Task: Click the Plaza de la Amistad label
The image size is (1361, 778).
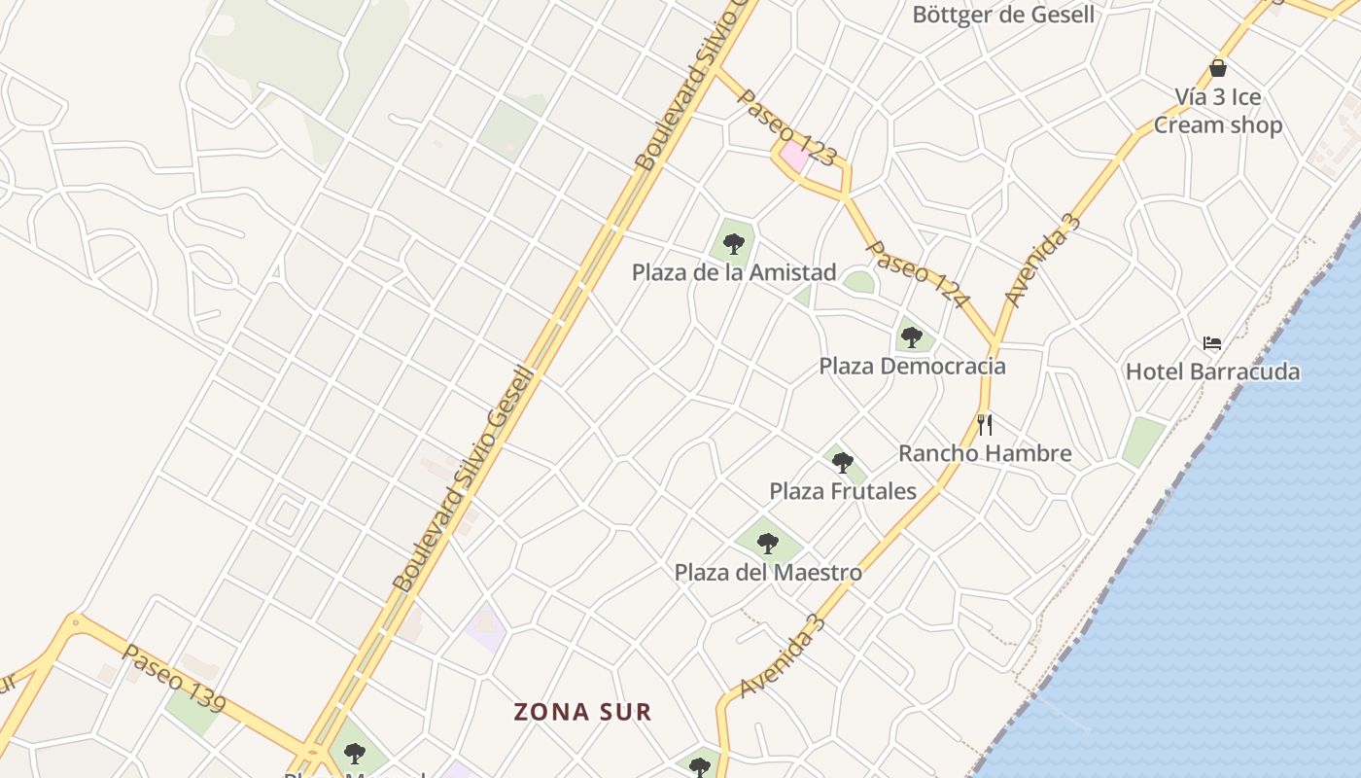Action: pyautogui.click(x=734, y=272)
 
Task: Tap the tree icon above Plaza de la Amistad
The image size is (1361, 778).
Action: pyautogui.click(x=734, y=243)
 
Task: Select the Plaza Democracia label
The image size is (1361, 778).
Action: pyautogui.click(x=912, y=367)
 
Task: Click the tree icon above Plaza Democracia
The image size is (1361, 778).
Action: pyautogui.click(x=911, y=337)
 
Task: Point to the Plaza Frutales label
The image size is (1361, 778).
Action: pyautogui.click(x=843, y=491)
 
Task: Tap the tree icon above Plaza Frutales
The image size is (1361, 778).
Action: pyautogui.click(x=843, y=463)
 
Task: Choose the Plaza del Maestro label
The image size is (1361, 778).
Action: pyautogui.click(x=768, y=572)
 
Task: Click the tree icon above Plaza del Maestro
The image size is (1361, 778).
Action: pyautogui.click(x=768, y=544)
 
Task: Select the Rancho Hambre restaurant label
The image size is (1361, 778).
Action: pyautogui.click(x=985, y=453)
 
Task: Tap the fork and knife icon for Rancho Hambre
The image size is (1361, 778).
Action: pyautogui.click(x=985, y=424)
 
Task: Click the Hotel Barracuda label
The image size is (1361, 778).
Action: pyautogui.click(x=1212, y=371)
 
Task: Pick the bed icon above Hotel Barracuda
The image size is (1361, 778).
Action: pyautogui.click(x=1212, y=342)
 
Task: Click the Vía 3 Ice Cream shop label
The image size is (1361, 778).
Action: pyautogui.click(x=1218, y=111)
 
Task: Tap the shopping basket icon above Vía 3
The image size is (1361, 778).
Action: pyautogui.click(x=1218, y=68)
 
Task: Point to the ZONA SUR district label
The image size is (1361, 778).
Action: pyautogui.click(x=582, y=712)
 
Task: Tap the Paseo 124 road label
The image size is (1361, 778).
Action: pyautogui.click(x=917, y=275)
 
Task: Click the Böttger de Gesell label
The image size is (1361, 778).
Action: pyautogui.click(x=1003, y=15)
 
